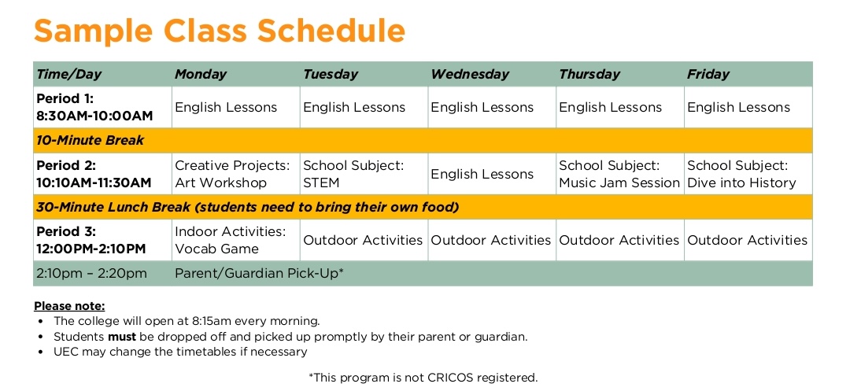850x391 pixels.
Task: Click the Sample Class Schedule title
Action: [x=220, y=31]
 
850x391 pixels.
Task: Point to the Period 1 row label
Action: [x=94, y=107]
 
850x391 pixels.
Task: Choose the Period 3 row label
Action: [x=91, y=240]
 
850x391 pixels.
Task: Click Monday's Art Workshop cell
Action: [x=232, y=174]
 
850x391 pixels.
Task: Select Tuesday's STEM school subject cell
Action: [x=353, y=174]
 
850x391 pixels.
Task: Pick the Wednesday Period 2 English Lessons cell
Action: [x=482, y=175]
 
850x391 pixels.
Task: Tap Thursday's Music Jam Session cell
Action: [x=619, y=174]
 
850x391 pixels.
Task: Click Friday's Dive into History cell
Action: [x=741, y=174]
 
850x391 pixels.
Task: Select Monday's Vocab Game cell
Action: [x=231, y=240]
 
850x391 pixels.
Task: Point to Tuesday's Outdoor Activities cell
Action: [x=363, y=240]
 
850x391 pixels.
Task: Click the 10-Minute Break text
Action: [x=90, y=140]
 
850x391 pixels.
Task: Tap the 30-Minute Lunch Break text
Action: [x=248, y=207]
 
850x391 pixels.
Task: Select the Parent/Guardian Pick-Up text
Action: [x=259, y=274]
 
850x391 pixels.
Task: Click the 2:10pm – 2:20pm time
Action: [x=91, y=274]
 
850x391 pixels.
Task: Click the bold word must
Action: [x=122, y=336]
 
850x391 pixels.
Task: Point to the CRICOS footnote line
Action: [x=423, y=378]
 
